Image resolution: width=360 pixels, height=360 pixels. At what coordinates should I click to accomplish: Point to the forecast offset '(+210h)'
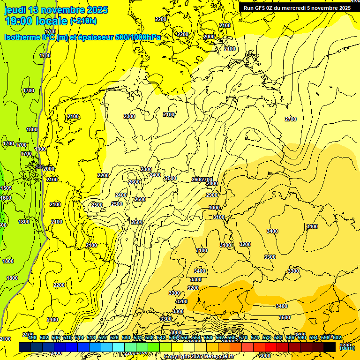(x=83, y=21)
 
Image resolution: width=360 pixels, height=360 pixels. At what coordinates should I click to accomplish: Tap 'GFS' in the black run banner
(x=262, y=8)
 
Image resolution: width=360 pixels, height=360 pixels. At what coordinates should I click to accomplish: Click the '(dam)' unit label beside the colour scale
(x=347, y=347)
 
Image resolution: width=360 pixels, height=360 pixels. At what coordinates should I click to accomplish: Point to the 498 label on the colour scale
(x=32, y=337)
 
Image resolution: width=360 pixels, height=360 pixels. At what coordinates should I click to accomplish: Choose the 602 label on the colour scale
(x=337, y=337)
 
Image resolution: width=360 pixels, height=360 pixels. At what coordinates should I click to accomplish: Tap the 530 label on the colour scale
(x=126, y=337)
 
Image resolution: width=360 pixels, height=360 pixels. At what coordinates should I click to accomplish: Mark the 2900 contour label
(x=212, y=195)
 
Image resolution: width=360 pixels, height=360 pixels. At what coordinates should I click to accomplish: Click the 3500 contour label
(x=285, y=317)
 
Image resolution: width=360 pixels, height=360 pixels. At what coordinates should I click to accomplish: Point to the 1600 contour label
(x=6, y=198)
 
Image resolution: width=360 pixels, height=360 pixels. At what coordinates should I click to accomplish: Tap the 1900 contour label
(x=40, y=149)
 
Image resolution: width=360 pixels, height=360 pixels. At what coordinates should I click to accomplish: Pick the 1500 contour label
(x=5, y=188)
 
